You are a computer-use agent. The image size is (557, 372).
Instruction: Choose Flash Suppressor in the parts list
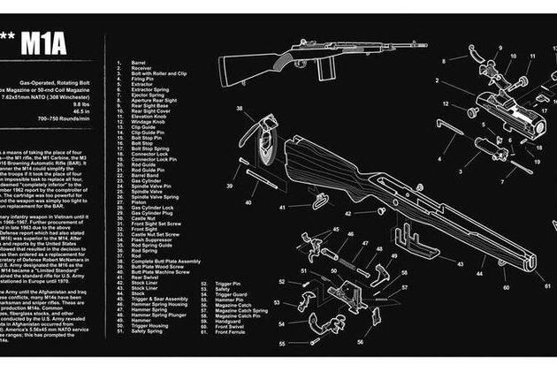[x=150, y=239]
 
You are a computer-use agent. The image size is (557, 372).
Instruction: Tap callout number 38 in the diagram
[x=240, y=109]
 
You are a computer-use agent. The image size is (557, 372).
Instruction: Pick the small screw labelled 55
[x=301, y=342]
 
